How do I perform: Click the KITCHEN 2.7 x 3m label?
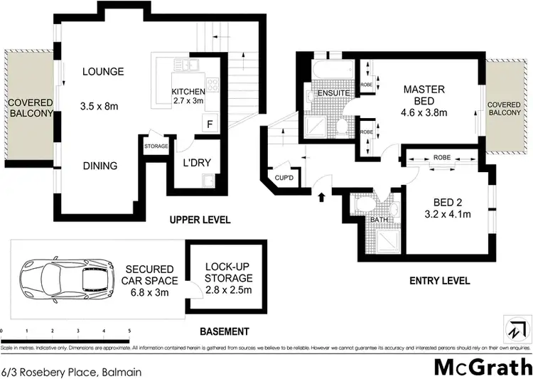tap(188, 97)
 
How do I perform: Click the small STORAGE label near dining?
tap(156, 146)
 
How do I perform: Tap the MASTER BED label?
tap(424, 95)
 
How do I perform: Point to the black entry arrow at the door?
tap(320, 196)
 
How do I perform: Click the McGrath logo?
tap(483, 365)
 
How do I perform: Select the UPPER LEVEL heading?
tap(200, 220)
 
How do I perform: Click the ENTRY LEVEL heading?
tap(440, 280)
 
